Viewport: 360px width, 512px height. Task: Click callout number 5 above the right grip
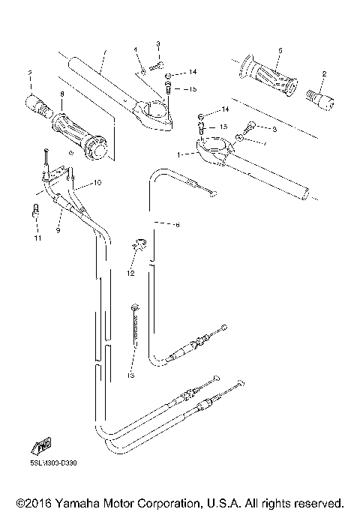(279, 50)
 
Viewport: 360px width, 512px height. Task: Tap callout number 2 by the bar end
(324, 73)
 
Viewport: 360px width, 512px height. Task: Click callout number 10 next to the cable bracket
(96, 182)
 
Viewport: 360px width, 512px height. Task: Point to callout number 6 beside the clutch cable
(177, 223)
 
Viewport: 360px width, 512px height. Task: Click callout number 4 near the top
(136, 50)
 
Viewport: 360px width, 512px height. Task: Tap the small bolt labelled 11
(34, 213)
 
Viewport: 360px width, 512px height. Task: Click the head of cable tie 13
(135, 307)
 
